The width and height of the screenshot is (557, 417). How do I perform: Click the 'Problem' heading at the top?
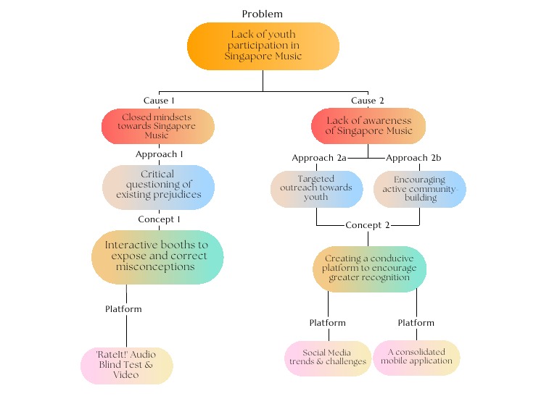tap(263, 14)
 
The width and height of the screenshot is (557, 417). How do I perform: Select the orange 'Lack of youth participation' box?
tap(263, 46)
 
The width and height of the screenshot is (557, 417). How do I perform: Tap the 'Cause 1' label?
tap(159, 101)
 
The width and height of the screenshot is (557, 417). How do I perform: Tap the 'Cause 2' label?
tap(368, 101)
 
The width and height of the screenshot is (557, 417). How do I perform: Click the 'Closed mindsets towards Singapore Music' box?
tap(158, 126)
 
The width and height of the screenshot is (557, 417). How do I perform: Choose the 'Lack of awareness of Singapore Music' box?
tap(368, 126)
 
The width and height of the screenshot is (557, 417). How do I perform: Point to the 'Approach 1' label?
tap(159, 154)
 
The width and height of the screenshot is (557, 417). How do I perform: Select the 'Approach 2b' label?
tap(413, 158)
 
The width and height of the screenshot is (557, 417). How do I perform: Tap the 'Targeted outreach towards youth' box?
tap(316, 188)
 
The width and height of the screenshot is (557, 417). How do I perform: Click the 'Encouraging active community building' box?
tap(419, 188)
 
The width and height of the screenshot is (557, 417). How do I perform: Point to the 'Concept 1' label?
tap(159, 219)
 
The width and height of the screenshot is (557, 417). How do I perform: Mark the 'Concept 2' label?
tap(368, 225)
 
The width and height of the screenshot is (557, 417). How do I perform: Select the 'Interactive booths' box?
tap(157, 256)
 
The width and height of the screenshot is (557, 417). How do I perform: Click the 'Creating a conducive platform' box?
tap(370, 268)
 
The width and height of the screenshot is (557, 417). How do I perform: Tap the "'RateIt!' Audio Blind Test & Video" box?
tap(127, 366)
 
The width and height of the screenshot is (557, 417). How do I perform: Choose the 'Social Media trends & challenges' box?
tap(328, 358)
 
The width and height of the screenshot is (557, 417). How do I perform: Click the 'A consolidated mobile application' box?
tap(416, 357)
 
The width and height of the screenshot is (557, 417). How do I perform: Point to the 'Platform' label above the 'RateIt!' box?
tap(123, 309)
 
